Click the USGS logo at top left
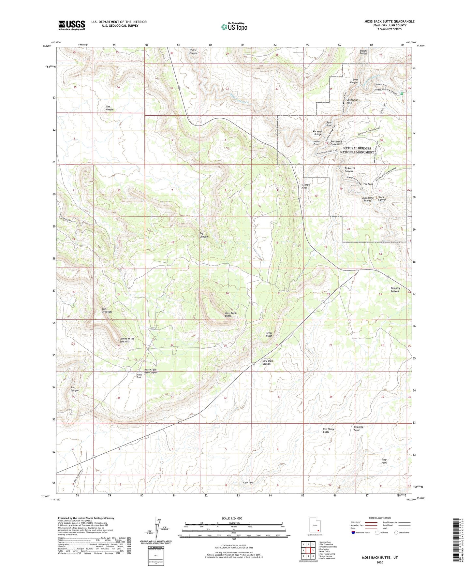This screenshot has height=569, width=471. pyautogui.click(x=71, y=25)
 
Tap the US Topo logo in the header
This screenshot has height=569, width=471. pyautogui.click(x=234, y=27)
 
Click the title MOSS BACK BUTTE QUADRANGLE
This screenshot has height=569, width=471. pyautogui.click(x=389, y=22)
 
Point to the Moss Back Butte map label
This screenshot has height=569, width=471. pyautogui.click(x=230, y=314)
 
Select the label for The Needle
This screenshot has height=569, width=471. pyautogui.click(x=110, y=108)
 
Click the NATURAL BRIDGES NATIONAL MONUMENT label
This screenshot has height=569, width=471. pyautogui.click(x=357, y=150)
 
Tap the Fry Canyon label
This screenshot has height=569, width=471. pyautogui.click(x=203, y=235)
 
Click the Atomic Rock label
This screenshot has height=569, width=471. pyautogui.click(x=305, y=186)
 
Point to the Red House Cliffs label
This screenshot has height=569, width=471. pyautogui.click(x=329, y=430)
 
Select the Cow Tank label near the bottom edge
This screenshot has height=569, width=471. pyautogui.click(x=248, y=483)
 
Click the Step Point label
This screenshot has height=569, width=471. pyautogui.click(x=384, y=461)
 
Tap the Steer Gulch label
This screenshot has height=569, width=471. pyautogui.click(x=269, y=334)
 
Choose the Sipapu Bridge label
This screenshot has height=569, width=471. pyautogui.click(x=363, y=52)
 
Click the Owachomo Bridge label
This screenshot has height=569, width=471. pyautogui.click(x=367, y=199)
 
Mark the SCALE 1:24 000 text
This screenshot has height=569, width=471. pyautogui.click(x=232, y=518)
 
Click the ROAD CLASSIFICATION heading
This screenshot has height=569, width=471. pyautogui.click(x=380, y=518)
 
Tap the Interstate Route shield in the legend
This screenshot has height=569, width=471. pyautogui.click(x=354, y=533)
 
